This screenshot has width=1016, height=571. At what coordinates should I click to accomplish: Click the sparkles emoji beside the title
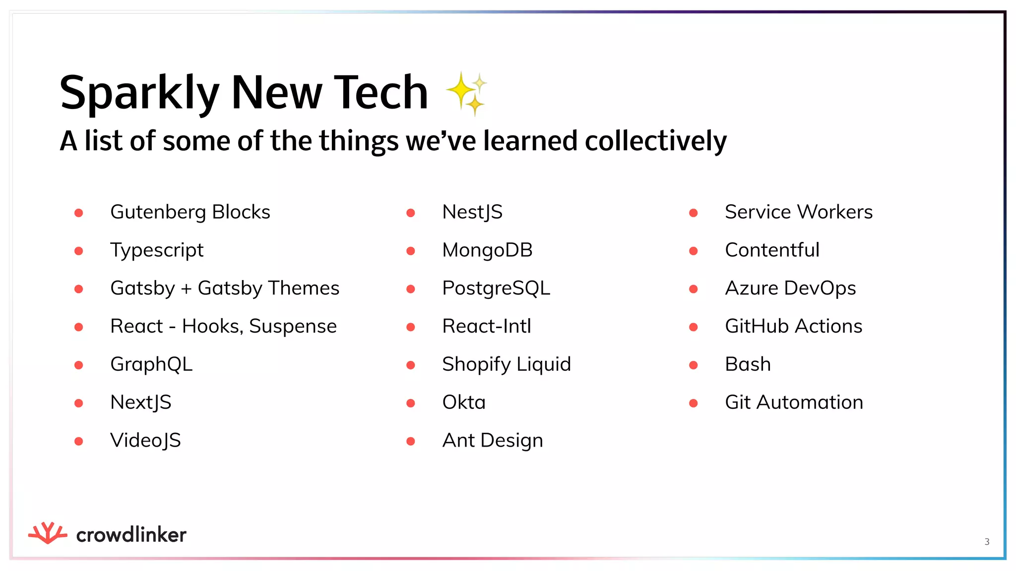(466, 93)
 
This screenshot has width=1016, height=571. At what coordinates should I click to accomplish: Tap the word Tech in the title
(380, 93)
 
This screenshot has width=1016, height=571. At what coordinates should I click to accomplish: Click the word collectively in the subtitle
(655, 141)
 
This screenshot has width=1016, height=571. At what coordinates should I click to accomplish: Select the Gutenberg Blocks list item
(190, 212)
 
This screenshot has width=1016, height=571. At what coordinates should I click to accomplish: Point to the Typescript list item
(157, 250)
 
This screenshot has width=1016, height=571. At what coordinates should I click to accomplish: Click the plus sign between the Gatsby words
(186, 289)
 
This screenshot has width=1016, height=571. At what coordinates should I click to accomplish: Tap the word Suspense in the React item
(293, 327)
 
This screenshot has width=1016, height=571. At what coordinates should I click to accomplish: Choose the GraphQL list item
(151, 364)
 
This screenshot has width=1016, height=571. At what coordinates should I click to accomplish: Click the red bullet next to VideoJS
(78, 441)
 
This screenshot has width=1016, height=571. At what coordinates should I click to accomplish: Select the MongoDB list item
(487, 250)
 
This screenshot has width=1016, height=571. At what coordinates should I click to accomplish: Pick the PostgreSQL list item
(496, 288)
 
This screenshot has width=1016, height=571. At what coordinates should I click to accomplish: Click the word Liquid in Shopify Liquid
(544, 364)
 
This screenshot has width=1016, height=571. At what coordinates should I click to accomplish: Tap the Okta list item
(464, 402)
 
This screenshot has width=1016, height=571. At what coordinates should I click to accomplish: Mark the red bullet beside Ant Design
(410, 441)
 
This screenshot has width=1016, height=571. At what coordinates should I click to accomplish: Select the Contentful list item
(772, 250)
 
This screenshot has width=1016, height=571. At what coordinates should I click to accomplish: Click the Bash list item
(748, 364)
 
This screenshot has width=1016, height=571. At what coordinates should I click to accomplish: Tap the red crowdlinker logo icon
(48, 533)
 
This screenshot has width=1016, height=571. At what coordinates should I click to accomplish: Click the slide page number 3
(987, 542)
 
